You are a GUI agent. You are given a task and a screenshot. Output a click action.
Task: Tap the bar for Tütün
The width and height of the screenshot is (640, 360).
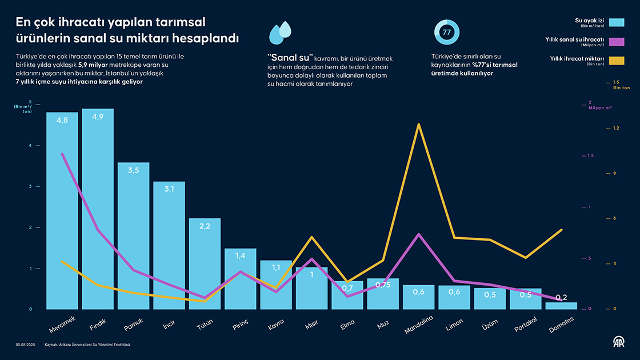[x=205, y=263]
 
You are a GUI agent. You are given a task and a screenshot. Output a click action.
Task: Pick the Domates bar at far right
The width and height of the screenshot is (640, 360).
[x=561, y=306]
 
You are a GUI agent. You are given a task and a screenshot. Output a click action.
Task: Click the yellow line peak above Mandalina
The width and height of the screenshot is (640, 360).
[x=419, y=124]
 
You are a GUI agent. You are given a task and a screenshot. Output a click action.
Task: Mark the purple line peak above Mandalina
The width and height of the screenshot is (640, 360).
[x=419, y=234]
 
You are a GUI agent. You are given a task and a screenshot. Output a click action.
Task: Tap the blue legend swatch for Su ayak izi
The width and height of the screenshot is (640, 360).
[x=617, y=23]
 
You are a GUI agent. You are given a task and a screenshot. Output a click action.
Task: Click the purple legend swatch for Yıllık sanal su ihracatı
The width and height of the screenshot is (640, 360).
[x=617, y=42]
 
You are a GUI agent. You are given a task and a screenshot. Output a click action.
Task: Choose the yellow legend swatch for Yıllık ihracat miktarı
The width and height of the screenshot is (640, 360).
[x=617, y=61]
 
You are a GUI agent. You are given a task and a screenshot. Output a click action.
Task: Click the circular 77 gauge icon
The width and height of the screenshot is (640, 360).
[x=446, y=33]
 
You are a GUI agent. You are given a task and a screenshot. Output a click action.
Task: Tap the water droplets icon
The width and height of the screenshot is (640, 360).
[x=280, y=34]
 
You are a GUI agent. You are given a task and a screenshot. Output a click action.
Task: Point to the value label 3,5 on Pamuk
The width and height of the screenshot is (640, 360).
[x=133, y=171]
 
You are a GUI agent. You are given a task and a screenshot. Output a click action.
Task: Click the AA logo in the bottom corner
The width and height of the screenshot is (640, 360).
[x=619, y=342]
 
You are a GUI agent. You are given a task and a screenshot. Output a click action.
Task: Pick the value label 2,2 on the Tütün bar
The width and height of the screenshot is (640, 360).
[x=205, y=226]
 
